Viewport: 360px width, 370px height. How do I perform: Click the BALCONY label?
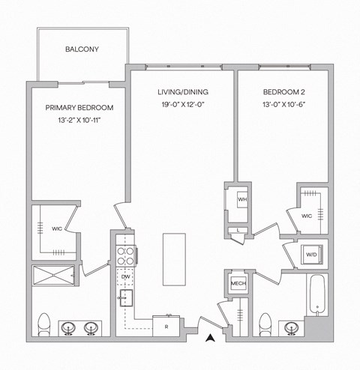click(82, 49)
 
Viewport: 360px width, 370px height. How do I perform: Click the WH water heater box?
click(243, 201)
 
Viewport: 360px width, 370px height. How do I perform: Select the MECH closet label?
click(238, 284)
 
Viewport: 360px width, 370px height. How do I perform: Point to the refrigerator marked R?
click(166, 325)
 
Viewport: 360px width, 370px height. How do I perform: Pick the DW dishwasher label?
click(125, 277)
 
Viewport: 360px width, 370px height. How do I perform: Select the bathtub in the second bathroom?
click(317, 295)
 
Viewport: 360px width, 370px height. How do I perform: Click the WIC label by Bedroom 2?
click(306, 216)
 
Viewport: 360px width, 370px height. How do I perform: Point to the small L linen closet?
click(238, 230)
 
